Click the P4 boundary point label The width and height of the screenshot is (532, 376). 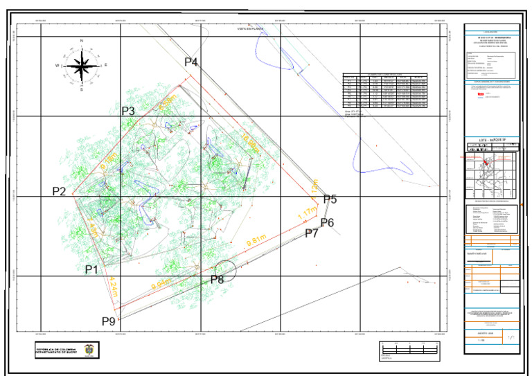click(191, 62)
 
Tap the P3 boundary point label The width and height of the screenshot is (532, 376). click(128, 111)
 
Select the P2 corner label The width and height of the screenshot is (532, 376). click(59, 192)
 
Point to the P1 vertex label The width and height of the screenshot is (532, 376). click(91, 269)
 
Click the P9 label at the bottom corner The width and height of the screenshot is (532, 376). click(109, 321)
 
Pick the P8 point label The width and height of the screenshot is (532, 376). click(217, 280)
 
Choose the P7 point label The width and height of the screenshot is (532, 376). click(312, 233)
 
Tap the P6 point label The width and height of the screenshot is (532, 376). click(327, 222)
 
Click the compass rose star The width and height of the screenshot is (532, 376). click(82, 66)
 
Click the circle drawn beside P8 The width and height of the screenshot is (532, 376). click(226, 270)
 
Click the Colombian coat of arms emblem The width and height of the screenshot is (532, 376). click(89, 350)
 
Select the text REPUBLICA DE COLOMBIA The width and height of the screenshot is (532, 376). click(57, 348)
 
